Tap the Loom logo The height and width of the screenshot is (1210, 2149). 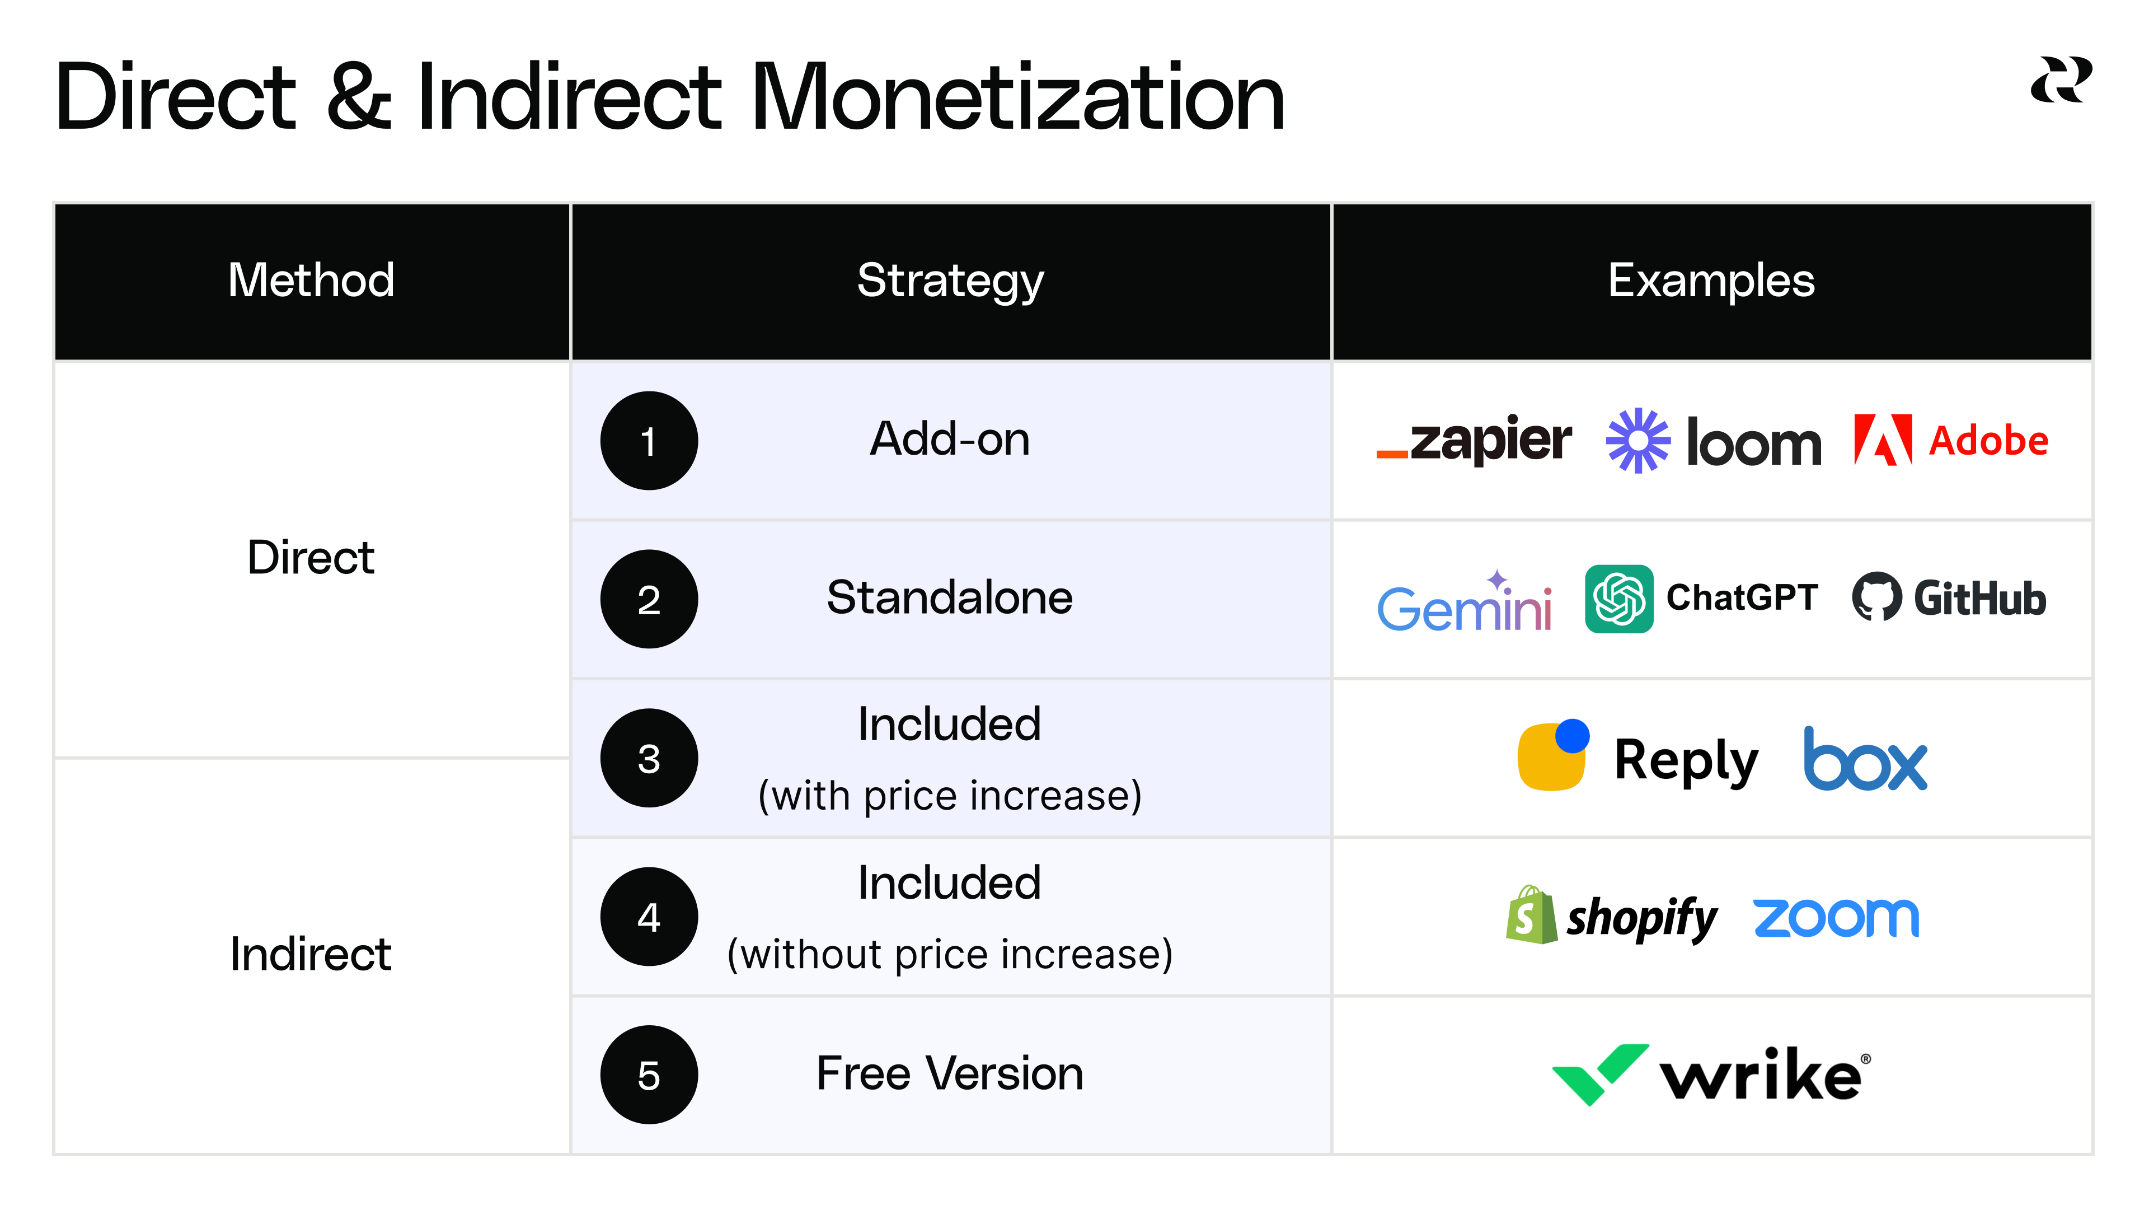(1714, 441)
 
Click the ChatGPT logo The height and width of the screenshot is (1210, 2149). (1701, 599)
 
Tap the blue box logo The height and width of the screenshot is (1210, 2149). (1865, 759)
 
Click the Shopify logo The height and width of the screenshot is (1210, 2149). (1611, 916)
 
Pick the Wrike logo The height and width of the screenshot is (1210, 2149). (1711, 1075)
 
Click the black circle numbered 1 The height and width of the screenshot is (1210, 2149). (649, 441)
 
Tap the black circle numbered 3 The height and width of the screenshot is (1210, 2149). (649, 758)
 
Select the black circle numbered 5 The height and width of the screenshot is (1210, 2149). (649, 1075)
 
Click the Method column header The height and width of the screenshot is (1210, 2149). (311, 281)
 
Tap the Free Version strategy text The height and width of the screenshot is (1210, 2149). (949, 1073)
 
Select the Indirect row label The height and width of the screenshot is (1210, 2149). (311, 954)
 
